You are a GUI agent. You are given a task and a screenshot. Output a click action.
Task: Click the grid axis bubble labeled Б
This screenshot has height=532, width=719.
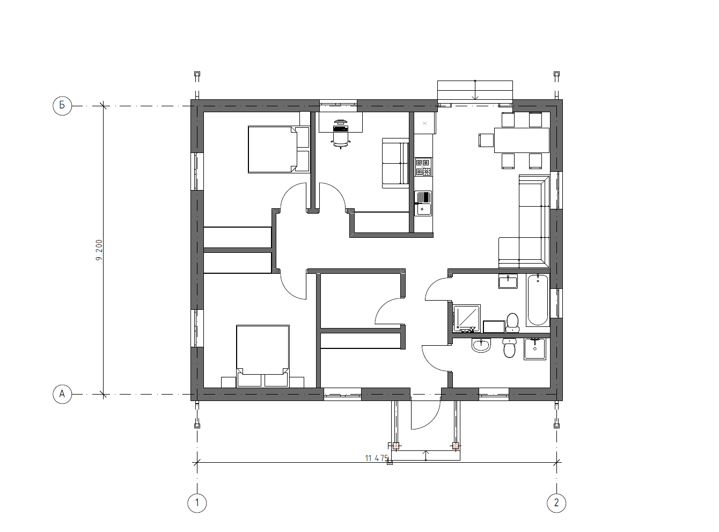pyautogui.click(x=62, y=105)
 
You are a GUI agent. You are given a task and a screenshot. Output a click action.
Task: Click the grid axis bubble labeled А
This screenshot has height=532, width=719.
pyautogui.click(x=62, y=394)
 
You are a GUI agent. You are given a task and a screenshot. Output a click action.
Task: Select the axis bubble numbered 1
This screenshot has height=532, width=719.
pyautogui.click(x=197, y=503)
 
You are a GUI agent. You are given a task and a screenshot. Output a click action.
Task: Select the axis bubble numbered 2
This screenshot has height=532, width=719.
pyautogui.click(x=556, y=503)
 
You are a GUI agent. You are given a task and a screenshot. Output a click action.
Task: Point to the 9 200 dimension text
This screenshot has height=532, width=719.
pyautogui.click(x=99, y=250)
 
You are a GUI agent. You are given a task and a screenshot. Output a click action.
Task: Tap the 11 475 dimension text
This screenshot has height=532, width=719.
pyautogui.click(x=376, y=458)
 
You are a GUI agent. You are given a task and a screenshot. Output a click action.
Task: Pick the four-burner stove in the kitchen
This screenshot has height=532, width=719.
pyautogui.click(x=423, y=167)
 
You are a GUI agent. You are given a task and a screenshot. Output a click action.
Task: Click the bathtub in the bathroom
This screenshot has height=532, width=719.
pyautogui.click(x=538, y=300)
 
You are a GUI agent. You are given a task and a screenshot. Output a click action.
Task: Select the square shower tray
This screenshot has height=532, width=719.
pyautogui.click(x=466, y=318)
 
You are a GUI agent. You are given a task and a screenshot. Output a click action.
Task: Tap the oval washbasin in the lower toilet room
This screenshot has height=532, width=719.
pyautogui.click(x=481, y=346)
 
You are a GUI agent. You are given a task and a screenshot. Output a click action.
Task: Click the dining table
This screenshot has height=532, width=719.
pyautogui.click(x=521, y=140)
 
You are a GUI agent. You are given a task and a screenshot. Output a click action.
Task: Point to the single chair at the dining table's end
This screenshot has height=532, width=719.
pyautogui.click(x=486, y=141)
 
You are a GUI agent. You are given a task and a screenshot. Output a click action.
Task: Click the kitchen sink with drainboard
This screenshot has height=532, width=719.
pyautogui.click(x=423, y=203)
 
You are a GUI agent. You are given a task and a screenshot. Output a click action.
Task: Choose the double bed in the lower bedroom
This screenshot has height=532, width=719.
pyautogui.click(x=262, y=356)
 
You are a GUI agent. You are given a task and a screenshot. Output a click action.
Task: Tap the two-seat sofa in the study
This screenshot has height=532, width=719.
pyautogui.click(x=395, y=163)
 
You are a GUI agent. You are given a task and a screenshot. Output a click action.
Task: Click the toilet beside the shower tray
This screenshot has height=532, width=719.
pyautogui.click(x=512, y=323)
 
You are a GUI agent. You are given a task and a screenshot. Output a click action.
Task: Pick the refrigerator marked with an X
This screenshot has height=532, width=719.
pyautogui.click(x=424, y=123)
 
